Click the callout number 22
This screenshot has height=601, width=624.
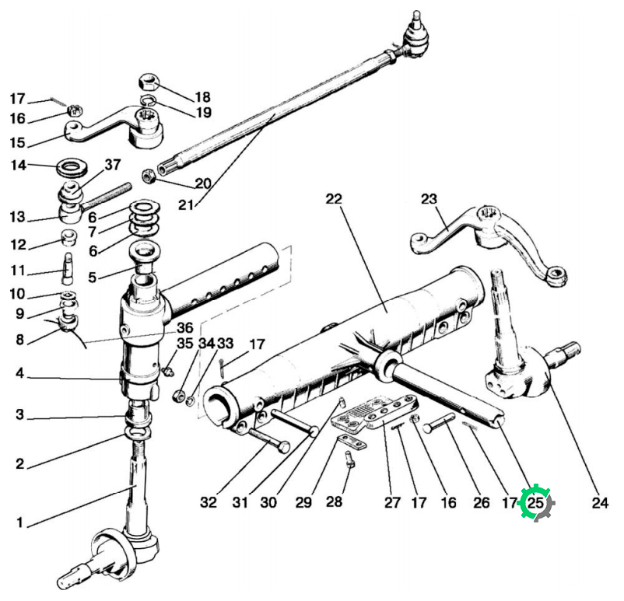point(334,198)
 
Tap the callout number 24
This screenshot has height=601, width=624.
point(600,503)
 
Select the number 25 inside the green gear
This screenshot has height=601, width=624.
point(535,503)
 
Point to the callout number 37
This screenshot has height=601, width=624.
point(112,164)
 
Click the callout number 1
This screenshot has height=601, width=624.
point(20,522)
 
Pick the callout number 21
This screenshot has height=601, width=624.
point(185,205)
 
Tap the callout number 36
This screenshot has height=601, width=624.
point(185,328)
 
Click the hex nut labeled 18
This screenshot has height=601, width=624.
point(149,82)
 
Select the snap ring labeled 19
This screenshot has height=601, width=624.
point(147,101)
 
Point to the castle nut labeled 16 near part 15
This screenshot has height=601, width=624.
point(75,110)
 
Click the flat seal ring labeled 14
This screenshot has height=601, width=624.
point(72,167)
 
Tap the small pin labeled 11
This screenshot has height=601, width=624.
point(68,268)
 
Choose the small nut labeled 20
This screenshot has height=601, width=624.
point(149,176)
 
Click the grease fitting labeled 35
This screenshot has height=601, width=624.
point(168,371)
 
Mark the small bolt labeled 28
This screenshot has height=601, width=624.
point(349,459)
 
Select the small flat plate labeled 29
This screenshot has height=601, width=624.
point(352,442)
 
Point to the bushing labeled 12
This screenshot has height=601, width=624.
point(68,237)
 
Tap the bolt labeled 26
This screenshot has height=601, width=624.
point(440,422)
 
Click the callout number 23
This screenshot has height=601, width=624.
point(429,199)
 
